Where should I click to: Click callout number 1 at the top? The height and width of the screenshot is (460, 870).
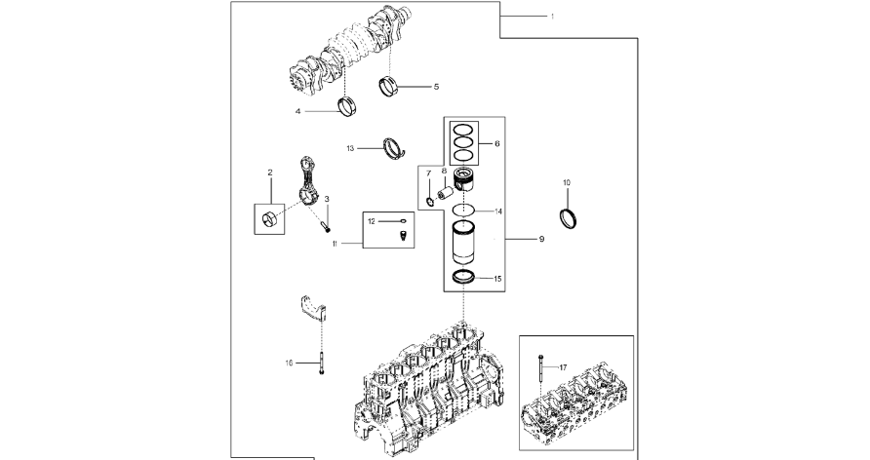pyautogui.click(x=552, y=17)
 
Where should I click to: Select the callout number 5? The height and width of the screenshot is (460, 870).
pyautogui.click(x=436, y=87)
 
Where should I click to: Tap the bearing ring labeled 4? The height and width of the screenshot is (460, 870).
pyautogui.click(x=348, y=106)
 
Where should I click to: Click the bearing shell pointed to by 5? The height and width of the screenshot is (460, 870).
pyautogui.click(x=388, y=87)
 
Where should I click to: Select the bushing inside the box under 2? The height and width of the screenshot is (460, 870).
pyautogui.click(x=269, y=219)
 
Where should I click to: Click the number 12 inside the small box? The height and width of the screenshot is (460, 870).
pyautogui.click(x=372, y=221)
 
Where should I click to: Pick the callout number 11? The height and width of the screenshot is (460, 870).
pyautogui.click(x=335, y=244)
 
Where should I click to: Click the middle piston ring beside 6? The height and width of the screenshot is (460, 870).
pyautogui.click(x=463, y=142)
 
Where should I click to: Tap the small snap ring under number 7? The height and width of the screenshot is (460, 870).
pyautogui.click(x=429, y=201)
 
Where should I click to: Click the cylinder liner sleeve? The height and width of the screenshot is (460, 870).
pyautogui.click(x=463, y=243)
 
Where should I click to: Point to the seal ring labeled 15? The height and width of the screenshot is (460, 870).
pyautogui.click(x=463, y=277)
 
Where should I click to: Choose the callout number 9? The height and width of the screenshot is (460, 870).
pyautogui.click(x=541, y=239)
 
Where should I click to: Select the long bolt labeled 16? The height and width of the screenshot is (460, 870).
pyautogui.click(x=321, y=363)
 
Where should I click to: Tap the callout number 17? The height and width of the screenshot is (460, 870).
pyautogui.click(x=563, y=367)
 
